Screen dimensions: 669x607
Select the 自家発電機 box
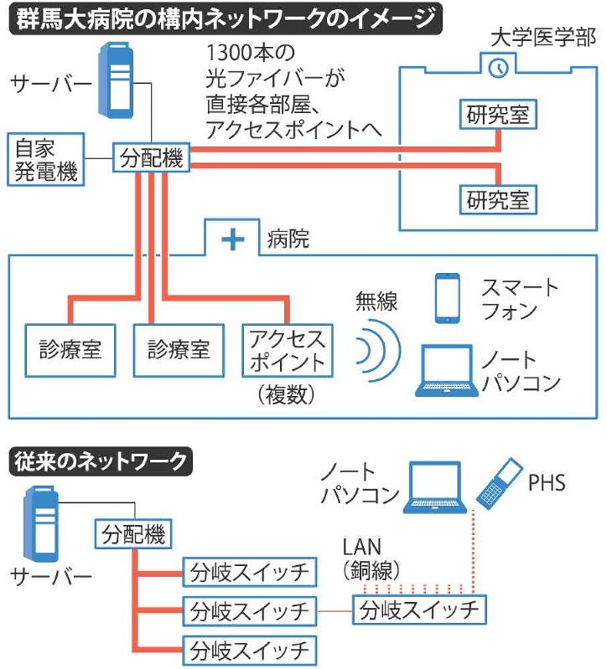[45, 159]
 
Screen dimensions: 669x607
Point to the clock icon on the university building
[498, 67]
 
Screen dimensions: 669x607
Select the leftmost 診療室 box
[70, 347]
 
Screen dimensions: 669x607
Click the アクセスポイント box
[286, 351]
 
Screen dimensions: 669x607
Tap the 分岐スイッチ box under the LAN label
[418, 610]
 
